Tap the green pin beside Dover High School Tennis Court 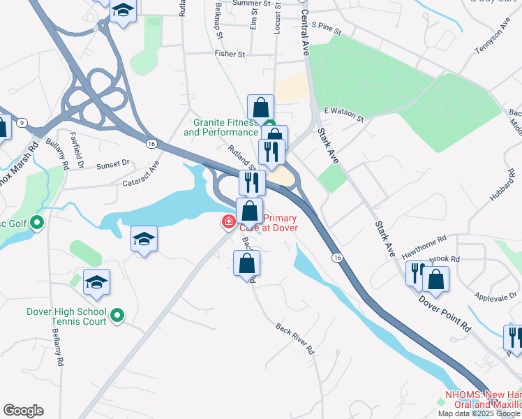pyautogui.click(x=117, y=316)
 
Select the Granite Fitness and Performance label pyautogui.click(x=221, y=127)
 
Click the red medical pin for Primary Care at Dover pyautogui.click(x=228, y=223)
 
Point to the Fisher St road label pyautogui.click(x=230, y=54)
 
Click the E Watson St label pyautogui.click(x=344, y=115)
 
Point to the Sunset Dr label pyautogui.click(x=113, y=164)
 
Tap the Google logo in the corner pyautogui.click(x=23, y=411)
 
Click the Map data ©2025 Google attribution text pyautogui.click(x=479, y=413)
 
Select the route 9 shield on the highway pyautogui.click(x=23, y=123)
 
